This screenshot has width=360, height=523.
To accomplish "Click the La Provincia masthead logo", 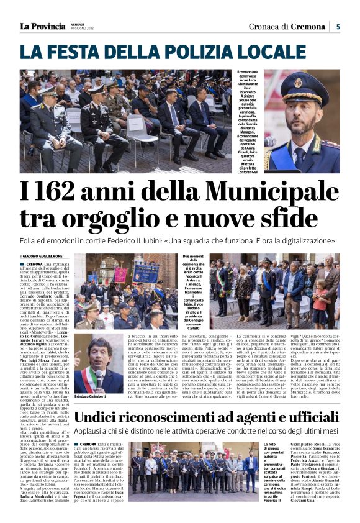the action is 42,26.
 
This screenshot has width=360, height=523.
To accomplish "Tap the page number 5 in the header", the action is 338,27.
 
